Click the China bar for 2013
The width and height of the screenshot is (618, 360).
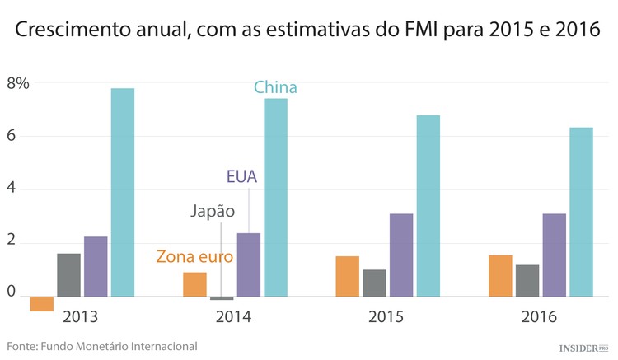tap(122, 192)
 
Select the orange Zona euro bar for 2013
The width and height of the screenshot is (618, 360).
tap(41, 303)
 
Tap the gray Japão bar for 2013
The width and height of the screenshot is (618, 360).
tap(68, 274)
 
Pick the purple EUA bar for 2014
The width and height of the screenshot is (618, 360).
tap(248, 264)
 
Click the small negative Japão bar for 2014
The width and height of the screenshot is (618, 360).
tap(222, 297)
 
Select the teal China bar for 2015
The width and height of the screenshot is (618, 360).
tap(428, 205)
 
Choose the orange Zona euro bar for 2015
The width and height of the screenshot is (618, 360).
tap(347, 276)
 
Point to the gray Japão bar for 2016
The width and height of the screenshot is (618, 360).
tap(527, 280)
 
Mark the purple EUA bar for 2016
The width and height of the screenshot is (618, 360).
tap(554, 255)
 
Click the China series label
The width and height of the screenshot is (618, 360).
tap(275, 87)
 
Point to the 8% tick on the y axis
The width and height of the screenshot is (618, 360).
tap(18, 83)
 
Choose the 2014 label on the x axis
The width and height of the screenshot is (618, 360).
tap(234, 316)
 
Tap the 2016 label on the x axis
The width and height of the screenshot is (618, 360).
tap(540, 316)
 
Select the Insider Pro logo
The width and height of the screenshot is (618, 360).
tap(582, 348)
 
